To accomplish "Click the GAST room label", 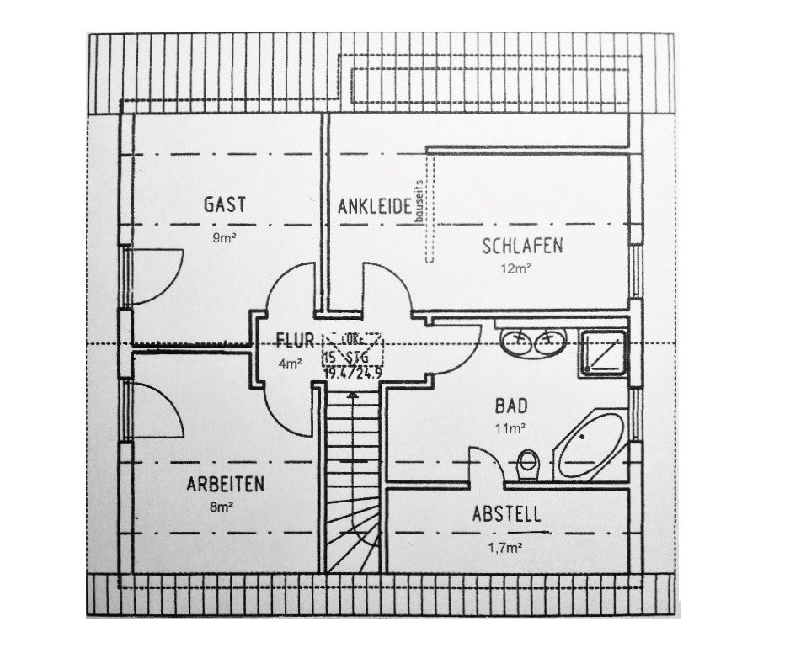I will tap(225, 204).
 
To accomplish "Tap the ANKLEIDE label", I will tap(374, 206).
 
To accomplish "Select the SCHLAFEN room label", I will tap(522, 247).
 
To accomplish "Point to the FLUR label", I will tap(295, 342).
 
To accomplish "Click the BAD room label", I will tap(511, 406).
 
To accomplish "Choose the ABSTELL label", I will tap(506, 514).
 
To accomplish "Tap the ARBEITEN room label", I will tap(225, 485).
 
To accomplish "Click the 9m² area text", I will tap(224, 238).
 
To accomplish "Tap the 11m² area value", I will tap(511, 427).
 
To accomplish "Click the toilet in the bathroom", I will tap(528, 464).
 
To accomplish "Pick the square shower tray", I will tap(602, 353).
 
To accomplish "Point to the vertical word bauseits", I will tap(419, 199).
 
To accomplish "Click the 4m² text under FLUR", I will tap(290, 364).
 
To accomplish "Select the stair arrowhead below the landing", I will tap(354, 388).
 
